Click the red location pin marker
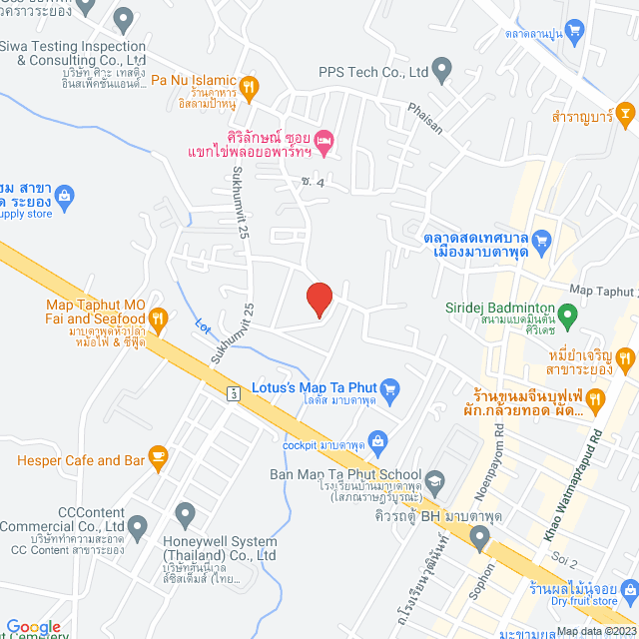tap(319, 299)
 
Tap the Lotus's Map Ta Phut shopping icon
tap(390, 388)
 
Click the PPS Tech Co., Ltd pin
tap(442, 70)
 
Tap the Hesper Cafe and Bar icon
tap(157, 456)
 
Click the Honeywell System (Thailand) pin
tap(185, 514)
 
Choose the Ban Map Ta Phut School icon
tap(435, 480)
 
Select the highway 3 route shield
tap(233, 392)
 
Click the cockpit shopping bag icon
tap(377, 439)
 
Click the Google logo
tap(33, 627)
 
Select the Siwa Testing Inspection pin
tap(124, 18)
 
